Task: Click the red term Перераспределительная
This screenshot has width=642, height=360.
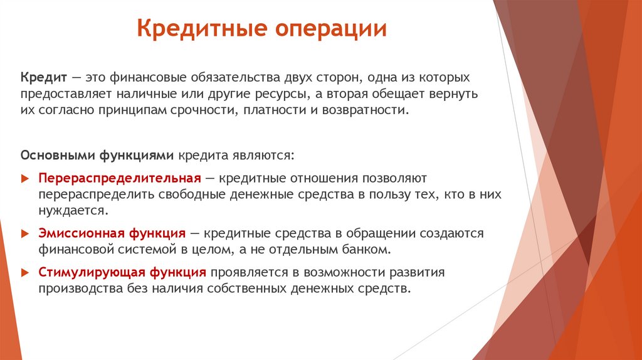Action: (119, 178)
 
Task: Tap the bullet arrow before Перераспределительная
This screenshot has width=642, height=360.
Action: (25, 179)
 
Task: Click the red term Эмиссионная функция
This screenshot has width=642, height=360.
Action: (112, 233)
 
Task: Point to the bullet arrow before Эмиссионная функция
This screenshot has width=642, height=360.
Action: (25, 234)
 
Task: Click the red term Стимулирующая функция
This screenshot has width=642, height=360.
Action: (122, 272)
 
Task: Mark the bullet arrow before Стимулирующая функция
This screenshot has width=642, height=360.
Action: (25, 273)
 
